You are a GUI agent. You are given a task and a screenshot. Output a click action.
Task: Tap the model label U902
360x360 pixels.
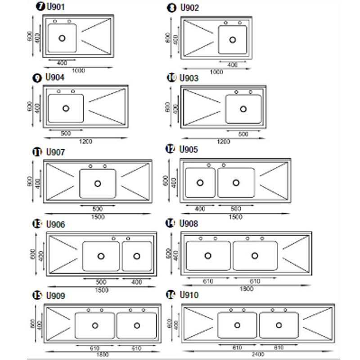[189, 8]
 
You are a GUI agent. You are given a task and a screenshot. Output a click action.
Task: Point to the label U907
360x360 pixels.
[55, 152]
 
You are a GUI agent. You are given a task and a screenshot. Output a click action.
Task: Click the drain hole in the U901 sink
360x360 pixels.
[62, 38]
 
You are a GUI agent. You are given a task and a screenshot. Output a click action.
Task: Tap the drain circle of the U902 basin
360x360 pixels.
[233, 40]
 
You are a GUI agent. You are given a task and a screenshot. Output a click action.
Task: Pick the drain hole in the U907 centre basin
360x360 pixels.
[98, 183]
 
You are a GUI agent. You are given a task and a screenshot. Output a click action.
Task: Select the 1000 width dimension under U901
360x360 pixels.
[78, 71]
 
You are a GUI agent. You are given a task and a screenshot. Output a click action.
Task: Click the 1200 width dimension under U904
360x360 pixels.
[86, 141]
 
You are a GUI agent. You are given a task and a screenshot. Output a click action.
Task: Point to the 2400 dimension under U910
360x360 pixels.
[258, 354]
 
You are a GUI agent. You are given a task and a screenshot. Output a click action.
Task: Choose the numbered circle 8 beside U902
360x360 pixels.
[171, 8]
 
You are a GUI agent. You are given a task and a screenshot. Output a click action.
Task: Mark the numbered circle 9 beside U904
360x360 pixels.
[36, 78]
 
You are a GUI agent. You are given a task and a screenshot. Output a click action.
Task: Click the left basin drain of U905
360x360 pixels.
[200, 182]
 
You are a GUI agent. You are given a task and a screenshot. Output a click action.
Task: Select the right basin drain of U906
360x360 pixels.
[137, 256]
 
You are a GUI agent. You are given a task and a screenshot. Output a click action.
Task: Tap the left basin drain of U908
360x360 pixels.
[208, 255]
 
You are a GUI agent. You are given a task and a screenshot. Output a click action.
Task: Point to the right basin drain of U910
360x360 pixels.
[279, 325]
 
